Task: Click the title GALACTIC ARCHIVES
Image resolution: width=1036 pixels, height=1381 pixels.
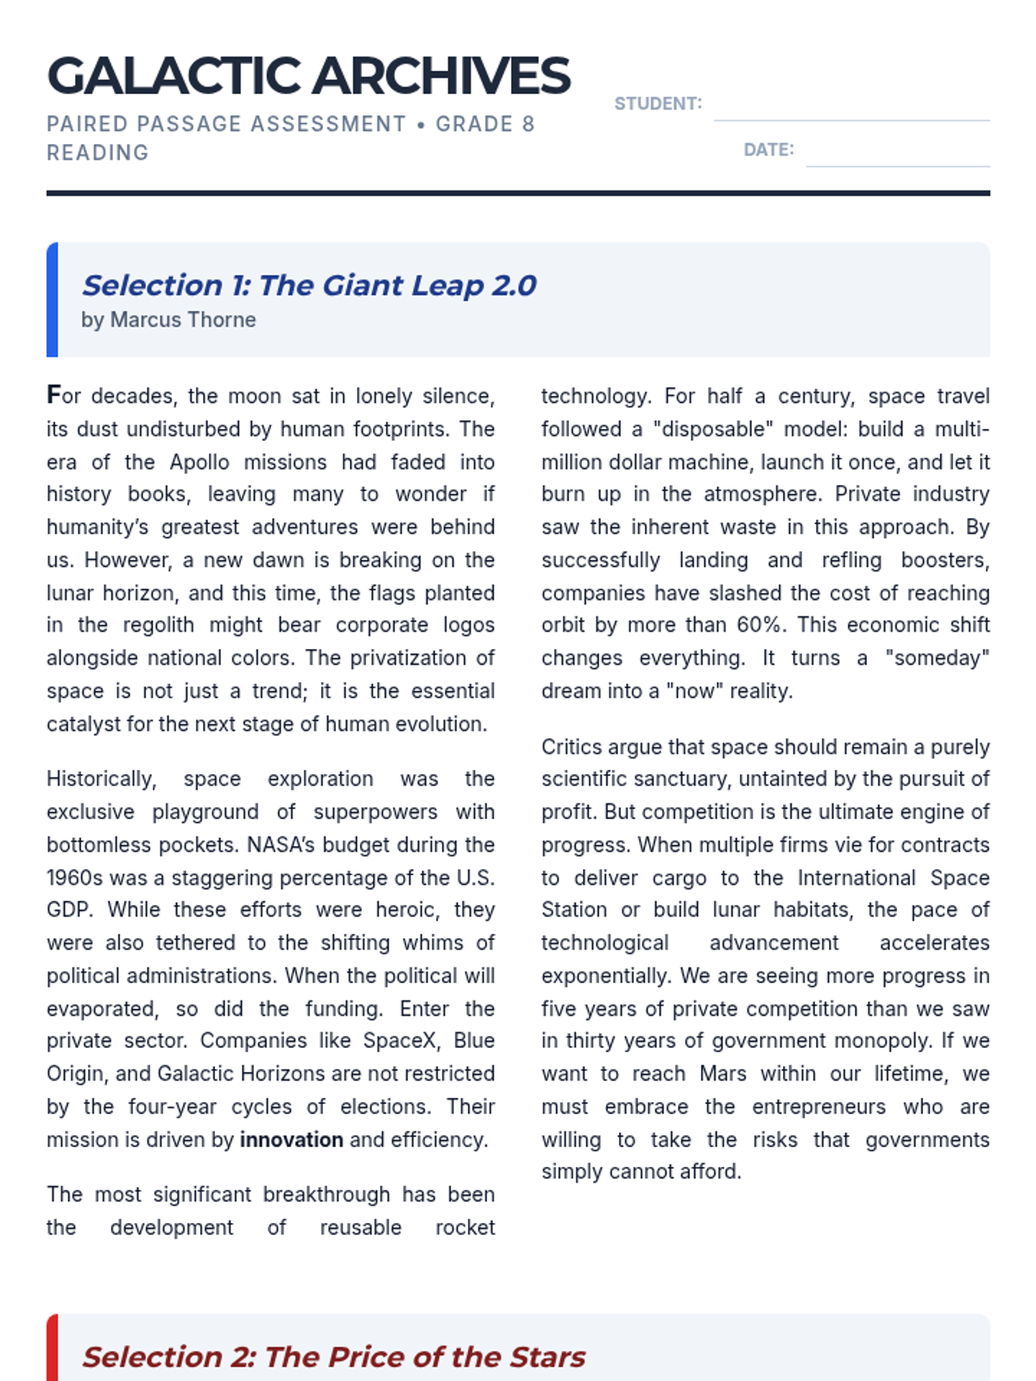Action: click(308, 76)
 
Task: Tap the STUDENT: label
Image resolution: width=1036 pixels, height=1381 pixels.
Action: click(658, 104)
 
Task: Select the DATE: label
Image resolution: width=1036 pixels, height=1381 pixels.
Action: click(768, 149)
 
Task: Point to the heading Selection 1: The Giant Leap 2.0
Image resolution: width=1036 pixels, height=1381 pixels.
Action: click(309, 285)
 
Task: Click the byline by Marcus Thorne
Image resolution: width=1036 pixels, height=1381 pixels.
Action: click(168, 319)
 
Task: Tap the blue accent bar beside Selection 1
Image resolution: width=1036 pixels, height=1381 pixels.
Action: click(52, 300)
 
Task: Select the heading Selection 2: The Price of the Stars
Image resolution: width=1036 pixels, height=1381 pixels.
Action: click(333, 1357)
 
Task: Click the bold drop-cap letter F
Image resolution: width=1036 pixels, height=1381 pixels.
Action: click(54, 395)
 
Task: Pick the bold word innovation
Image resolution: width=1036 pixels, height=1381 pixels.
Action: click(291, 1139)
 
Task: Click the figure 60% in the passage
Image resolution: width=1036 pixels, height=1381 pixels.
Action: click(761, 625)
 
